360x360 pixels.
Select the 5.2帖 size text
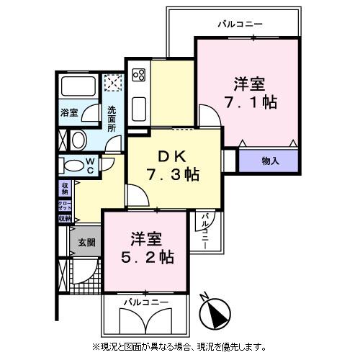pyautogui.click(x=147, y=256)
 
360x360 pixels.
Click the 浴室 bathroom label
pyautogui.click(x=68, y=112)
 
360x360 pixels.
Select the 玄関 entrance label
pyautogui.click(x=86, y=243)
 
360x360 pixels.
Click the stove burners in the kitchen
pyautogui.click(x=138, y=74)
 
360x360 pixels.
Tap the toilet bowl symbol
pyautogui.click(x=73, y=165)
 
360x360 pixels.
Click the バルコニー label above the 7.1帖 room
pyautogui.click(x=240, y=24)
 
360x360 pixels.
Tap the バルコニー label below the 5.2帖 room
pyautogui.click(x=145, y=301)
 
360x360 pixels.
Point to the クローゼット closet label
pyautogui.click(x=64, y=204)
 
